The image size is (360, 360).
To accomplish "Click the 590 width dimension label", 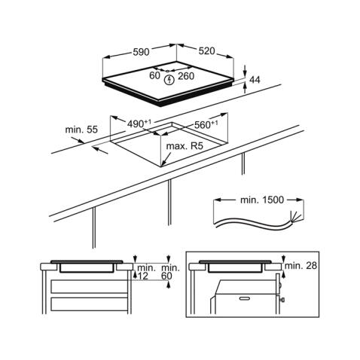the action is (x=141, y=52).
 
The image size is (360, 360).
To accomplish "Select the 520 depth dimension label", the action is (x=206, y=51).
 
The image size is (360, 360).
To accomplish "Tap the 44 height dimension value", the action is (x=255, y=80).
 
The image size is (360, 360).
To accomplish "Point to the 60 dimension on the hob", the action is (x=154, y=75).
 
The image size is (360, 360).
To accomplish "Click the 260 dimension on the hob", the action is (x=186, y=76).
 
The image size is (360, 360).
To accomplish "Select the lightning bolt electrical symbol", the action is (x=169, y=80).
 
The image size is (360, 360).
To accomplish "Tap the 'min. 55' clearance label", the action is (x=81, y=130).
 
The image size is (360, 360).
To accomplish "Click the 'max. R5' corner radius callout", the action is (x=185, y=146).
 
